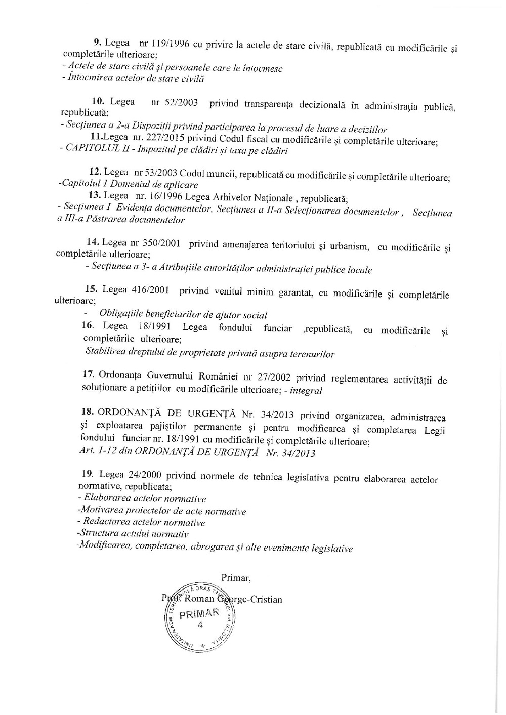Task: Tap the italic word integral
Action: tap(307, 390)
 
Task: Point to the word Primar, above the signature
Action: tap(236, 578)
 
